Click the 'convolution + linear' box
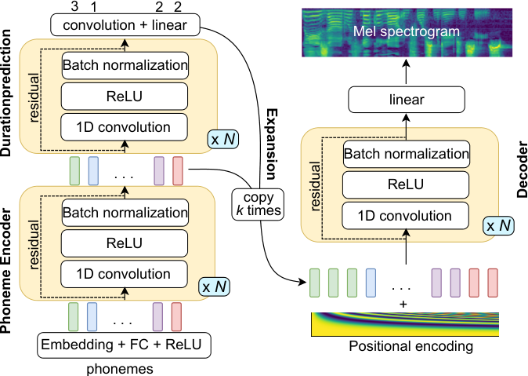point(125,24)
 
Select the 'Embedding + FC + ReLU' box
point(124,345)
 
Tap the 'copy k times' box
point(258,205)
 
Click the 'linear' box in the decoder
point(407,100)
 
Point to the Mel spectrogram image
point(407,32)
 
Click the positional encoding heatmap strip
point(405,324)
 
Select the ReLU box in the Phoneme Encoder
point(125,243)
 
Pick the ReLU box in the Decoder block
point(406,184)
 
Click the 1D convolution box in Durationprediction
point(124,127)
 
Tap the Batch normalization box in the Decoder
point(407,154)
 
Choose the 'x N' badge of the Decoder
point(499,225)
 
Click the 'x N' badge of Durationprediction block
point(223,139)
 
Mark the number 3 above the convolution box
point(74,6)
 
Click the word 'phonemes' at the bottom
point(120,369)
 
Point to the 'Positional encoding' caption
point(410,347)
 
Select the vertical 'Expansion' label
point(272,144)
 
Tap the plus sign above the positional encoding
point(403,305)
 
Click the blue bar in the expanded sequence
point(371,283)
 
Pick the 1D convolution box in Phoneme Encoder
point(124,274)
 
